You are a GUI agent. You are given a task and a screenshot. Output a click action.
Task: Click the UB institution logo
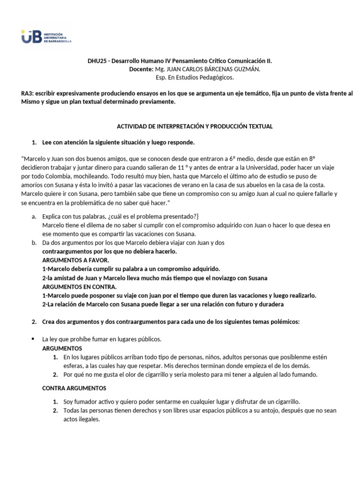click(x=46, y=37)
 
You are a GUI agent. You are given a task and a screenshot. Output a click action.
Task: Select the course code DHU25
click(x=97, y=61)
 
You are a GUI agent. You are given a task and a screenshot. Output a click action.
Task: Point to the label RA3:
click(x=28, y=94)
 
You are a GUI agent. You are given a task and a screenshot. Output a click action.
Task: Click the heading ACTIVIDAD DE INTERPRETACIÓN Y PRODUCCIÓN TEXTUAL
click(x=194, y=127)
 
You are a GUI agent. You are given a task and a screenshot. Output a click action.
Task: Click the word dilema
click(x=89, y=225)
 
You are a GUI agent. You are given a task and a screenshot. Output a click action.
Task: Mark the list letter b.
click(x=34, y=243)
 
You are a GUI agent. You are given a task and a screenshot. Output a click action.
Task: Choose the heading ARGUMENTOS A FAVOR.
click(x=75, y=260)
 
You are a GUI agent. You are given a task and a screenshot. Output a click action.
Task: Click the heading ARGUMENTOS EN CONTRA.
click(x=79, y=286)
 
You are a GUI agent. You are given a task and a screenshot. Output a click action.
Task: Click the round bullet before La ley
click(x=33, y=339)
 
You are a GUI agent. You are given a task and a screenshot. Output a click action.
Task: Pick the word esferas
click(x=73, y=366)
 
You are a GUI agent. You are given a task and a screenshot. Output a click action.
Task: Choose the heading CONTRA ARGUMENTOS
click(x=74, y=388)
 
